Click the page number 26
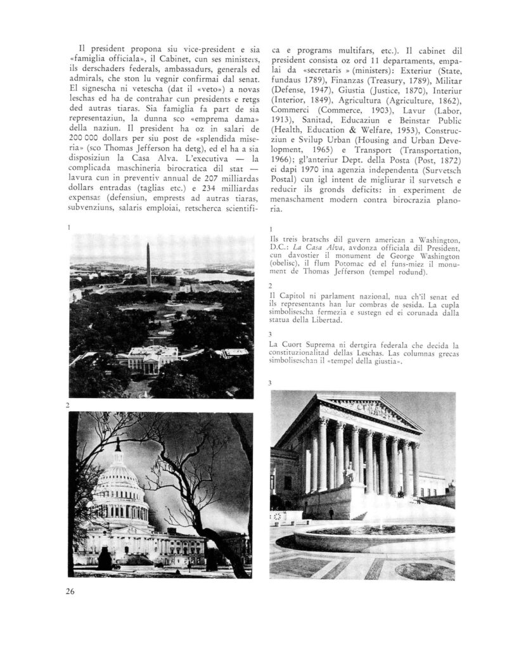coord(70,592)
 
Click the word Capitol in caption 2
coord(295,297)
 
